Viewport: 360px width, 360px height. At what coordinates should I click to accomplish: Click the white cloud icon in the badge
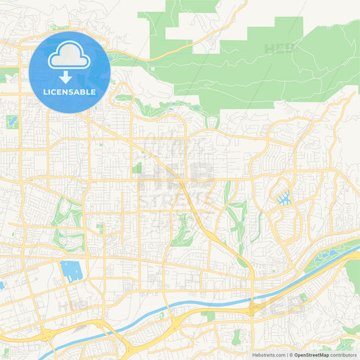70,56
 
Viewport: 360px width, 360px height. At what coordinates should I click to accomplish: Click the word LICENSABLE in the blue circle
70,92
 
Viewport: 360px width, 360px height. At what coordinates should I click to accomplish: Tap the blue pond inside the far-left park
11,122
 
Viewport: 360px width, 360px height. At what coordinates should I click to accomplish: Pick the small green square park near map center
137,168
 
